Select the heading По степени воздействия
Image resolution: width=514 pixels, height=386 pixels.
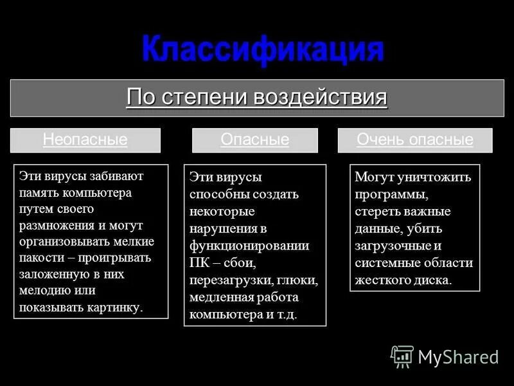pos(257,98)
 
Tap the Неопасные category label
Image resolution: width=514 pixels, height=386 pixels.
pos(85,140)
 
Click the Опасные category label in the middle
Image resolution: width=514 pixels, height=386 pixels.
pos(255,140)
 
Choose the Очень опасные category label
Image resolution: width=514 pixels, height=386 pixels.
pos(415,140)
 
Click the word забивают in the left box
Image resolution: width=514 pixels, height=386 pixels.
pos(110,176)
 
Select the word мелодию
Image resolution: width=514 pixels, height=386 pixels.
pos(43,291)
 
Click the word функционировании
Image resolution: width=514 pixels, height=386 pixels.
pos(249,245)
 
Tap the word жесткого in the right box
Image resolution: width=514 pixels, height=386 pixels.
pos(380,279)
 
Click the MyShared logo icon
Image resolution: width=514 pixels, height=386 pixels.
pos(402,356)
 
